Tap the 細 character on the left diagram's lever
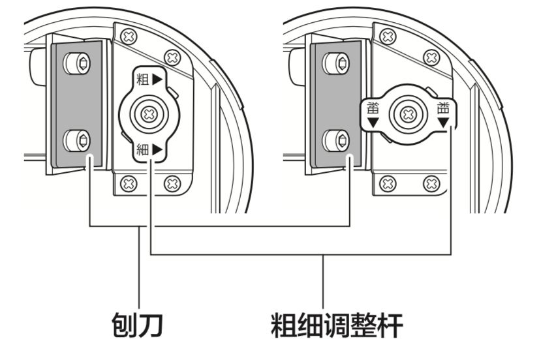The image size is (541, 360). point(142,150)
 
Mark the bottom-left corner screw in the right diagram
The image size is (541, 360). point(388,183)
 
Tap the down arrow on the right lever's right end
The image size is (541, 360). point(444,123)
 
